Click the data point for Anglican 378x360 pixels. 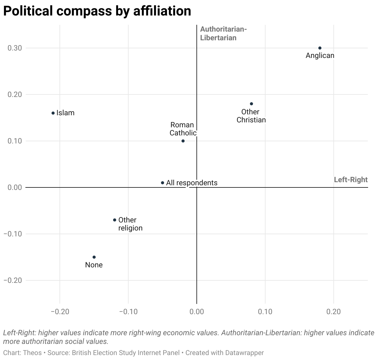point(320,48)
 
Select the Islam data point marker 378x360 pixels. point(53,113)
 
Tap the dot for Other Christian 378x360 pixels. point(251,104)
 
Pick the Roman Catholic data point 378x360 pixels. point(183,141)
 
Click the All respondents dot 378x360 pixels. point(162,183)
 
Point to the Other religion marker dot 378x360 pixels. point(115,220)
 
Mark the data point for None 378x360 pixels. point(94,257)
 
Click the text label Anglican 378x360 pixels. point(320,56)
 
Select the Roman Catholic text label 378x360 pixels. point(183,129)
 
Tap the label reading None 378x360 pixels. point(94,265)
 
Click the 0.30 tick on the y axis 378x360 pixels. point(15,48)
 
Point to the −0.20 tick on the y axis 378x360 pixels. point(13,280)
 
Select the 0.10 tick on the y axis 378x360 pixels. point(15,141)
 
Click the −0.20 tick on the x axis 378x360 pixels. point(60,312)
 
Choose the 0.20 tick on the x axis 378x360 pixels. point(333,312)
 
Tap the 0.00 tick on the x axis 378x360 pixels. point(196,312)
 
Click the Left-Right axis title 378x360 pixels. point(350,180)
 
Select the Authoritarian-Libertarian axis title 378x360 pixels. point(223,33)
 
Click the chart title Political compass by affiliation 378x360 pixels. point(97,11)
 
